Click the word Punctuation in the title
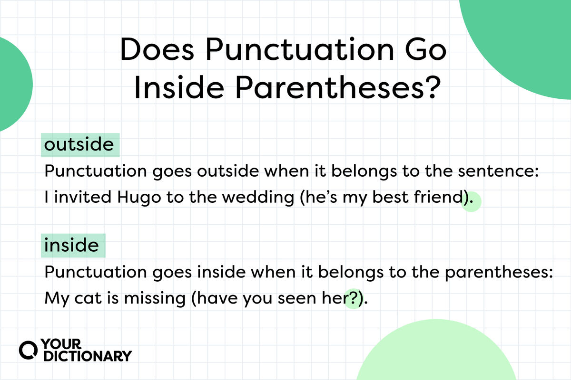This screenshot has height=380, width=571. pyautogui.click(x=300, y=49)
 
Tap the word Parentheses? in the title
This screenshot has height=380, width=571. pyautogui.click(x=338, y=87)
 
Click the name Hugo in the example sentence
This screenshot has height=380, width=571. pyautogui.click(x=139, y=198)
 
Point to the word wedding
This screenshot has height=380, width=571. pyautogui.click(x=258, y=198)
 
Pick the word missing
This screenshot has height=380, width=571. pyautogui.click(x=155, y=299)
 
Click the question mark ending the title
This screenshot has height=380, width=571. pyautogui.click(x=434, y=87)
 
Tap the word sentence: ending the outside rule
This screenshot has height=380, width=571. pyautogui.click(x=498, y=171)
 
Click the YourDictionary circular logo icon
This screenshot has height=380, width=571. pyautogui.click(x=28, y=350)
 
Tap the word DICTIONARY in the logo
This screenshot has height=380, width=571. pyautogui.click(x=88, y=356)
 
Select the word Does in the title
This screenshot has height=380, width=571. pyautogui.click(x=157, y=49)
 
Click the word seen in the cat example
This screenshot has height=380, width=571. pyautogui.click(x=297, y=298)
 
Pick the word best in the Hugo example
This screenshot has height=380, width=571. pyautogui.click(x=391, y=197)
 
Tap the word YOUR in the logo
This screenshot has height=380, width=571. pyautogui.click(x=61, y=344)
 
